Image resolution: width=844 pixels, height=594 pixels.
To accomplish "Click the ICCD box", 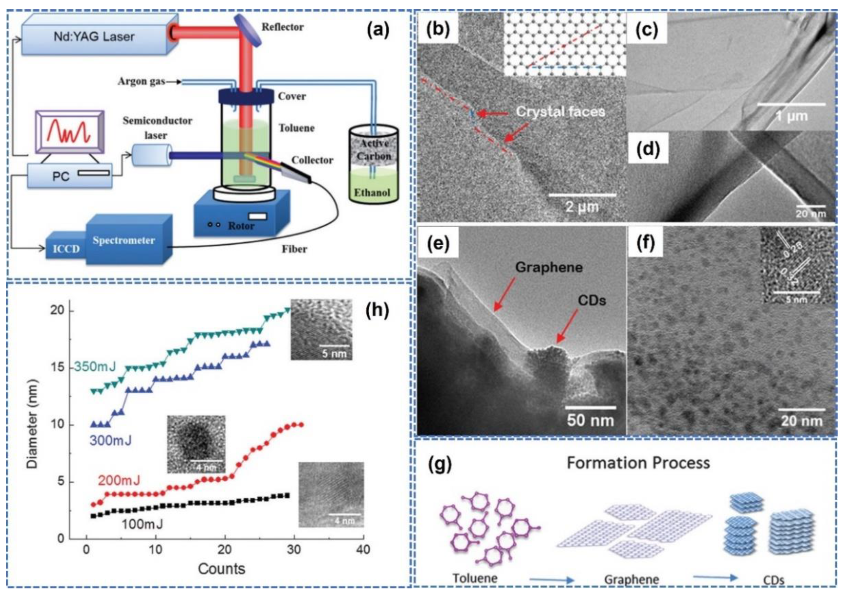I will (x=66, y=249).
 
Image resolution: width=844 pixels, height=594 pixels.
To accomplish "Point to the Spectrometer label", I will (x=124, y=240).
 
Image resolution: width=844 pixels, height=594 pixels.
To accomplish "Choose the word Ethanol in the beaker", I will (x=372, y=192).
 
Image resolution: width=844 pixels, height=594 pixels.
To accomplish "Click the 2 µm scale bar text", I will (x=582, y=207).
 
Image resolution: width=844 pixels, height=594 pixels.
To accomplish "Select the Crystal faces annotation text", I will (x=561, y=111).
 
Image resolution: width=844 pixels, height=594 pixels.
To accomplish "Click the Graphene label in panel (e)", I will (x=549, y=267).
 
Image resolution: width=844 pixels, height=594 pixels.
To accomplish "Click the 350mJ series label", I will (x=95, y=366).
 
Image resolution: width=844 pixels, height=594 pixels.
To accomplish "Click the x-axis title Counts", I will (x=221, y=569).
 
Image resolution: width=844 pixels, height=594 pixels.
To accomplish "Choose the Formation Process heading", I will (x=638, y=463).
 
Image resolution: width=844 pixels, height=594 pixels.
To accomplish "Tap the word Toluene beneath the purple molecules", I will (x=475, y=578).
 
